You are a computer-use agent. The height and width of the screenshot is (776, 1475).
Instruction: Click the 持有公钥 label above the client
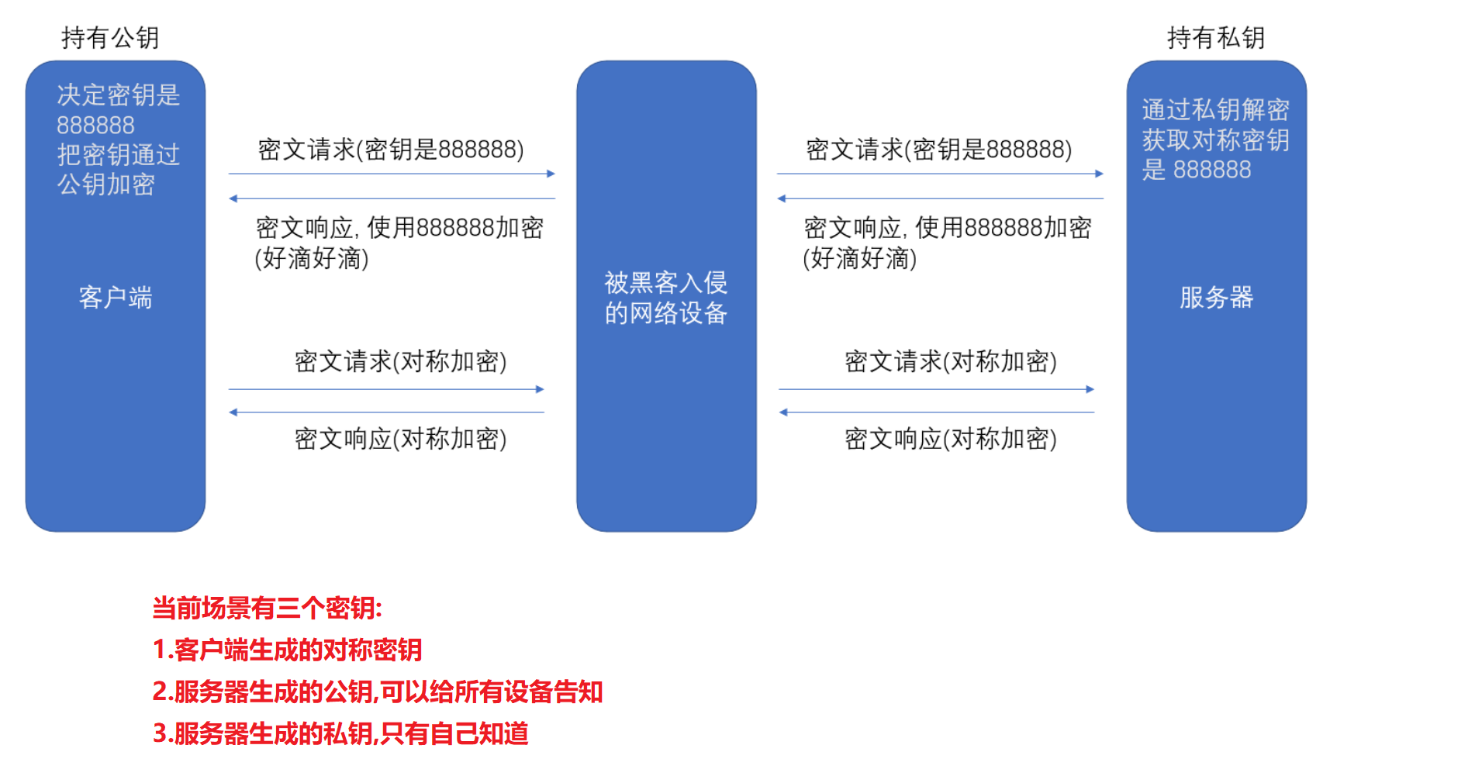[x=110, y=37]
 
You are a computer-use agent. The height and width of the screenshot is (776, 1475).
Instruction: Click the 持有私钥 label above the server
[x=1215, y=37]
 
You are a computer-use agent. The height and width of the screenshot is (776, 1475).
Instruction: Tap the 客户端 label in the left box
[x=116, y=298]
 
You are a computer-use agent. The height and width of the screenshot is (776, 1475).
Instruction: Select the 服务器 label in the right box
[x=1216, y=298]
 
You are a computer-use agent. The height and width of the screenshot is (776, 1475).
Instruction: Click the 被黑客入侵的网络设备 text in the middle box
[x=666, y=298]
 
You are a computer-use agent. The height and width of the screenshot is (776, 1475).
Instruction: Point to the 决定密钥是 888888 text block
[x=118, y=109]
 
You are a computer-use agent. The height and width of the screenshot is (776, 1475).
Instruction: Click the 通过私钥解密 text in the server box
[x=1215, y=110]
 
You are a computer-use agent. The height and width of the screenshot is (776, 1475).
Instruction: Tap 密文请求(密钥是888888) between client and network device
[x=391, y=150]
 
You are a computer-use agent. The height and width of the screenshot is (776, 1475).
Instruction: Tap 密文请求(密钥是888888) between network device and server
[x=939, y=150]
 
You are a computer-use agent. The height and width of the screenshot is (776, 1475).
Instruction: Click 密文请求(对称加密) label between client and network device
[x=400, y=361]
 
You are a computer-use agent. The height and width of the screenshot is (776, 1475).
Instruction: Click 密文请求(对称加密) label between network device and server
[x=951, y=361]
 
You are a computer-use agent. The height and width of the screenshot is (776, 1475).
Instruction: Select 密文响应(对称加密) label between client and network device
[x=400, y=439]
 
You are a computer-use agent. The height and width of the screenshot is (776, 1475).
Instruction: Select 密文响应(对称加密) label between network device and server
[x=951, y=439]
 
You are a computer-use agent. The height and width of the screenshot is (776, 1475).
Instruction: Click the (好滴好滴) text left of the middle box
[x=312, y=258]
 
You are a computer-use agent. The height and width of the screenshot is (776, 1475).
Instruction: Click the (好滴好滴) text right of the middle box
[x=860, y=258]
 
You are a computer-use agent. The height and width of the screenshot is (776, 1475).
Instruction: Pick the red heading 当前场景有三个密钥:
[x=267, y=609]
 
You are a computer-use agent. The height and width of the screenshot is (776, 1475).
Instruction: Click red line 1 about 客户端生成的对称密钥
[x=287, y=650]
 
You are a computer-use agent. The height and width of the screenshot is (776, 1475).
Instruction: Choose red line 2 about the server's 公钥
[x=378, y=692]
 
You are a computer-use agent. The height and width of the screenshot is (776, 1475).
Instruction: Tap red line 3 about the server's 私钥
[x=340, y=733]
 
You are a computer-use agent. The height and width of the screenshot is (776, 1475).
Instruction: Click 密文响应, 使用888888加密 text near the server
[x=948, y=228]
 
